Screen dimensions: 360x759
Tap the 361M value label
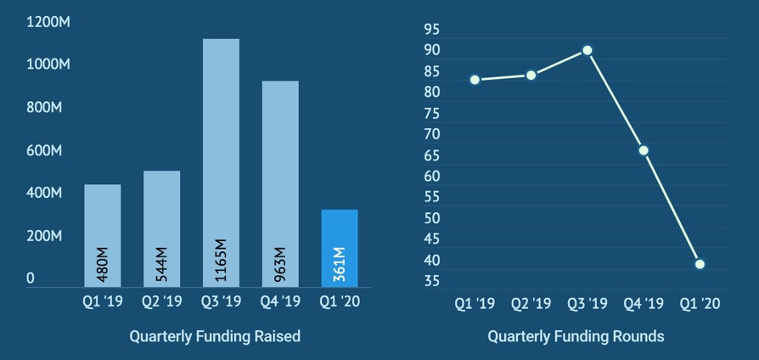pyautogui.click(x=340, y=265)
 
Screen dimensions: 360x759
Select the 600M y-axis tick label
pyautogui.click(x=42, y=150)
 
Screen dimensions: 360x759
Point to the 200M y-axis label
pyautogui.click(x=42, y=236)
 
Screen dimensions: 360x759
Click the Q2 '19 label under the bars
pyautogui.click(x=162, y=301)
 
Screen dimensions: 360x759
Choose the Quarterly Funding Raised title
pyautogui.click(x=215, y=336)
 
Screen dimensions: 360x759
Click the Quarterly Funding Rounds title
pyautogui.click(x=576, y=336)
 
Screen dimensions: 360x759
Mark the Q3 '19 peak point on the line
pyautogui.click(x=587, y=50)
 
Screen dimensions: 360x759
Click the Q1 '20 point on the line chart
pyautogui.click(x=700, y=264)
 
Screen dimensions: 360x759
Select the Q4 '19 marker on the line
pyautogui.click(x=644, y=150)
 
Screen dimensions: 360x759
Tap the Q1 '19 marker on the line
pyautogui.click(x=475, y=80)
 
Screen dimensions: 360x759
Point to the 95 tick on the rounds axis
pyautogui.click(x=432, y=30)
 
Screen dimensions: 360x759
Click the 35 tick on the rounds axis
pyautogui.click(x=432, y=281)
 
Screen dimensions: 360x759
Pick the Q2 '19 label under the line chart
pyautogui.click(x=531, y=303)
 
